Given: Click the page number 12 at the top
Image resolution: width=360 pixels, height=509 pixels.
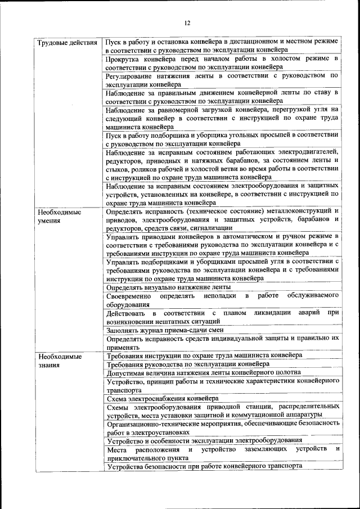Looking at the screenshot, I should coord(187,23).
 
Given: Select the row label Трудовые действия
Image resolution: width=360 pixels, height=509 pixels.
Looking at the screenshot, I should coord(67,43).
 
